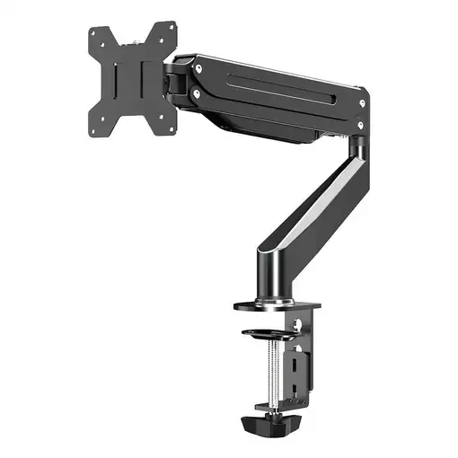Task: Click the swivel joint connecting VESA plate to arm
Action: click(x=177, y=81)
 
